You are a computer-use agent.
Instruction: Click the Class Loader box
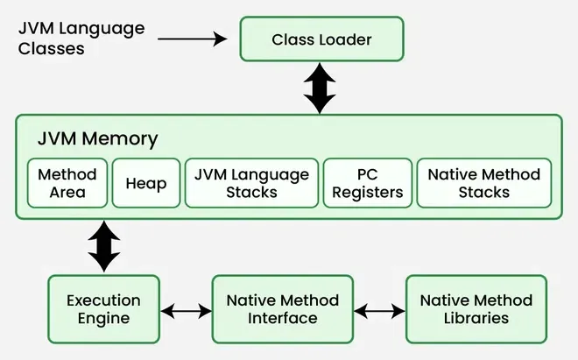[x=321, y=39]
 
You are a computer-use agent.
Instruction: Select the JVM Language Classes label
[x=81, y=39]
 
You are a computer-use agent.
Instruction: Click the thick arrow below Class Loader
[x=321, y=88]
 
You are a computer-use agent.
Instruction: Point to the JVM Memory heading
[x=97, y=138]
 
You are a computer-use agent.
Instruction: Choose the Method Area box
[x=67, y=182]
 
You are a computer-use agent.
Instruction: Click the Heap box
[x=146, y=182]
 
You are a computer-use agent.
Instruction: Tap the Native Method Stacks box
[x=483, y=182]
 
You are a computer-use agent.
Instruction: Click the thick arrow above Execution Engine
[x=103, y=245]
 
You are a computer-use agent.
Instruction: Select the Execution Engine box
[x=104, y=308]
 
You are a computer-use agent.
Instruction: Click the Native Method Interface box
[x=282, y=308]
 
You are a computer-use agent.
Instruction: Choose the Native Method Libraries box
[x=476, y=308]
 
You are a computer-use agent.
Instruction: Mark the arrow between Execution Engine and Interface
[x=187, y=310]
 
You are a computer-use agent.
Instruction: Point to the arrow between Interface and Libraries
[x=379, y=310]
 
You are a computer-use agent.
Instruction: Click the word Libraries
[x=476, y=318]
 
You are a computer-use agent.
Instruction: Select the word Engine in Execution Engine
[x=104, y=318]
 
